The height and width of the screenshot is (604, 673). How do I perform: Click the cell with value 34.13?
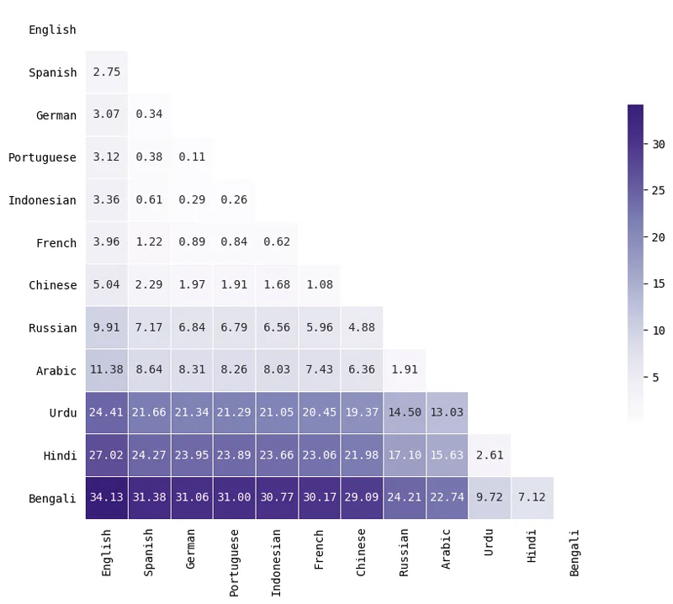click(x=106, y=497)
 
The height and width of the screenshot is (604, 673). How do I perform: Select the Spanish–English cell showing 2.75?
click(x=106, y=72)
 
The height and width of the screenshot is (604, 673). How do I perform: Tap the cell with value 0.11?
click(x=192, y=157)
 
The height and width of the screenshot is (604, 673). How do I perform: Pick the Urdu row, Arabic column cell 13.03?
click(x=447, y=412)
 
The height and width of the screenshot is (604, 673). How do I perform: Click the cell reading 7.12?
click(x=532, y=497)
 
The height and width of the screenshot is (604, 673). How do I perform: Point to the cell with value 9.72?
click(x=490, y=497)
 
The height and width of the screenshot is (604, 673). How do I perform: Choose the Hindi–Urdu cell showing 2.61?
click(x=490, y=455)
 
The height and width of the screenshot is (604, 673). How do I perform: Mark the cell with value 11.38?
click(x=106, y=370)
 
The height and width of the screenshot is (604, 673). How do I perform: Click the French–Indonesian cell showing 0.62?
click(x=277, y=242)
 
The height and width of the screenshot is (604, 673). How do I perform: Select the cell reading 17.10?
click(x=404, y=455)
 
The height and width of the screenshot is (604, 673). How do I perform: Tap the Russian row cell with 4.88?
click(x=362, y=327)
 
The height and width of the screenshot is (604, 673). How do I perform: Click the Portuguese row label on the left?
click(x=42, y=157)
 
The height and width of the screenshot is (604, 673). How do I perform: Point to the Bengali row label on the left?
click(x=52, y=497)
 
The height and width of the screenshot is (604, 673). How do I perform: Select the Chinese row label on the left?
click(x=52, y=285)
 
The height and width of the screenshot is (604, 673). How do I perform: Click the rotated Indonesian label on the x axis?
click(x=277, y=563)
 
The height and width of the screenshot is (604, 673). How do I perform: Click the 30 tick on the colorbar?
click(x=659, y=144)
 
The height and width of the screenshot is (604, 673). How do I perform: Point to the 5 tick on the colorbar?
click(x=655, y=378)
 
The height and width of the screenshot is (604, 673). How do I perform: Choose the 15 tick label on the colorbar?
click(x=659, y=284)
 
